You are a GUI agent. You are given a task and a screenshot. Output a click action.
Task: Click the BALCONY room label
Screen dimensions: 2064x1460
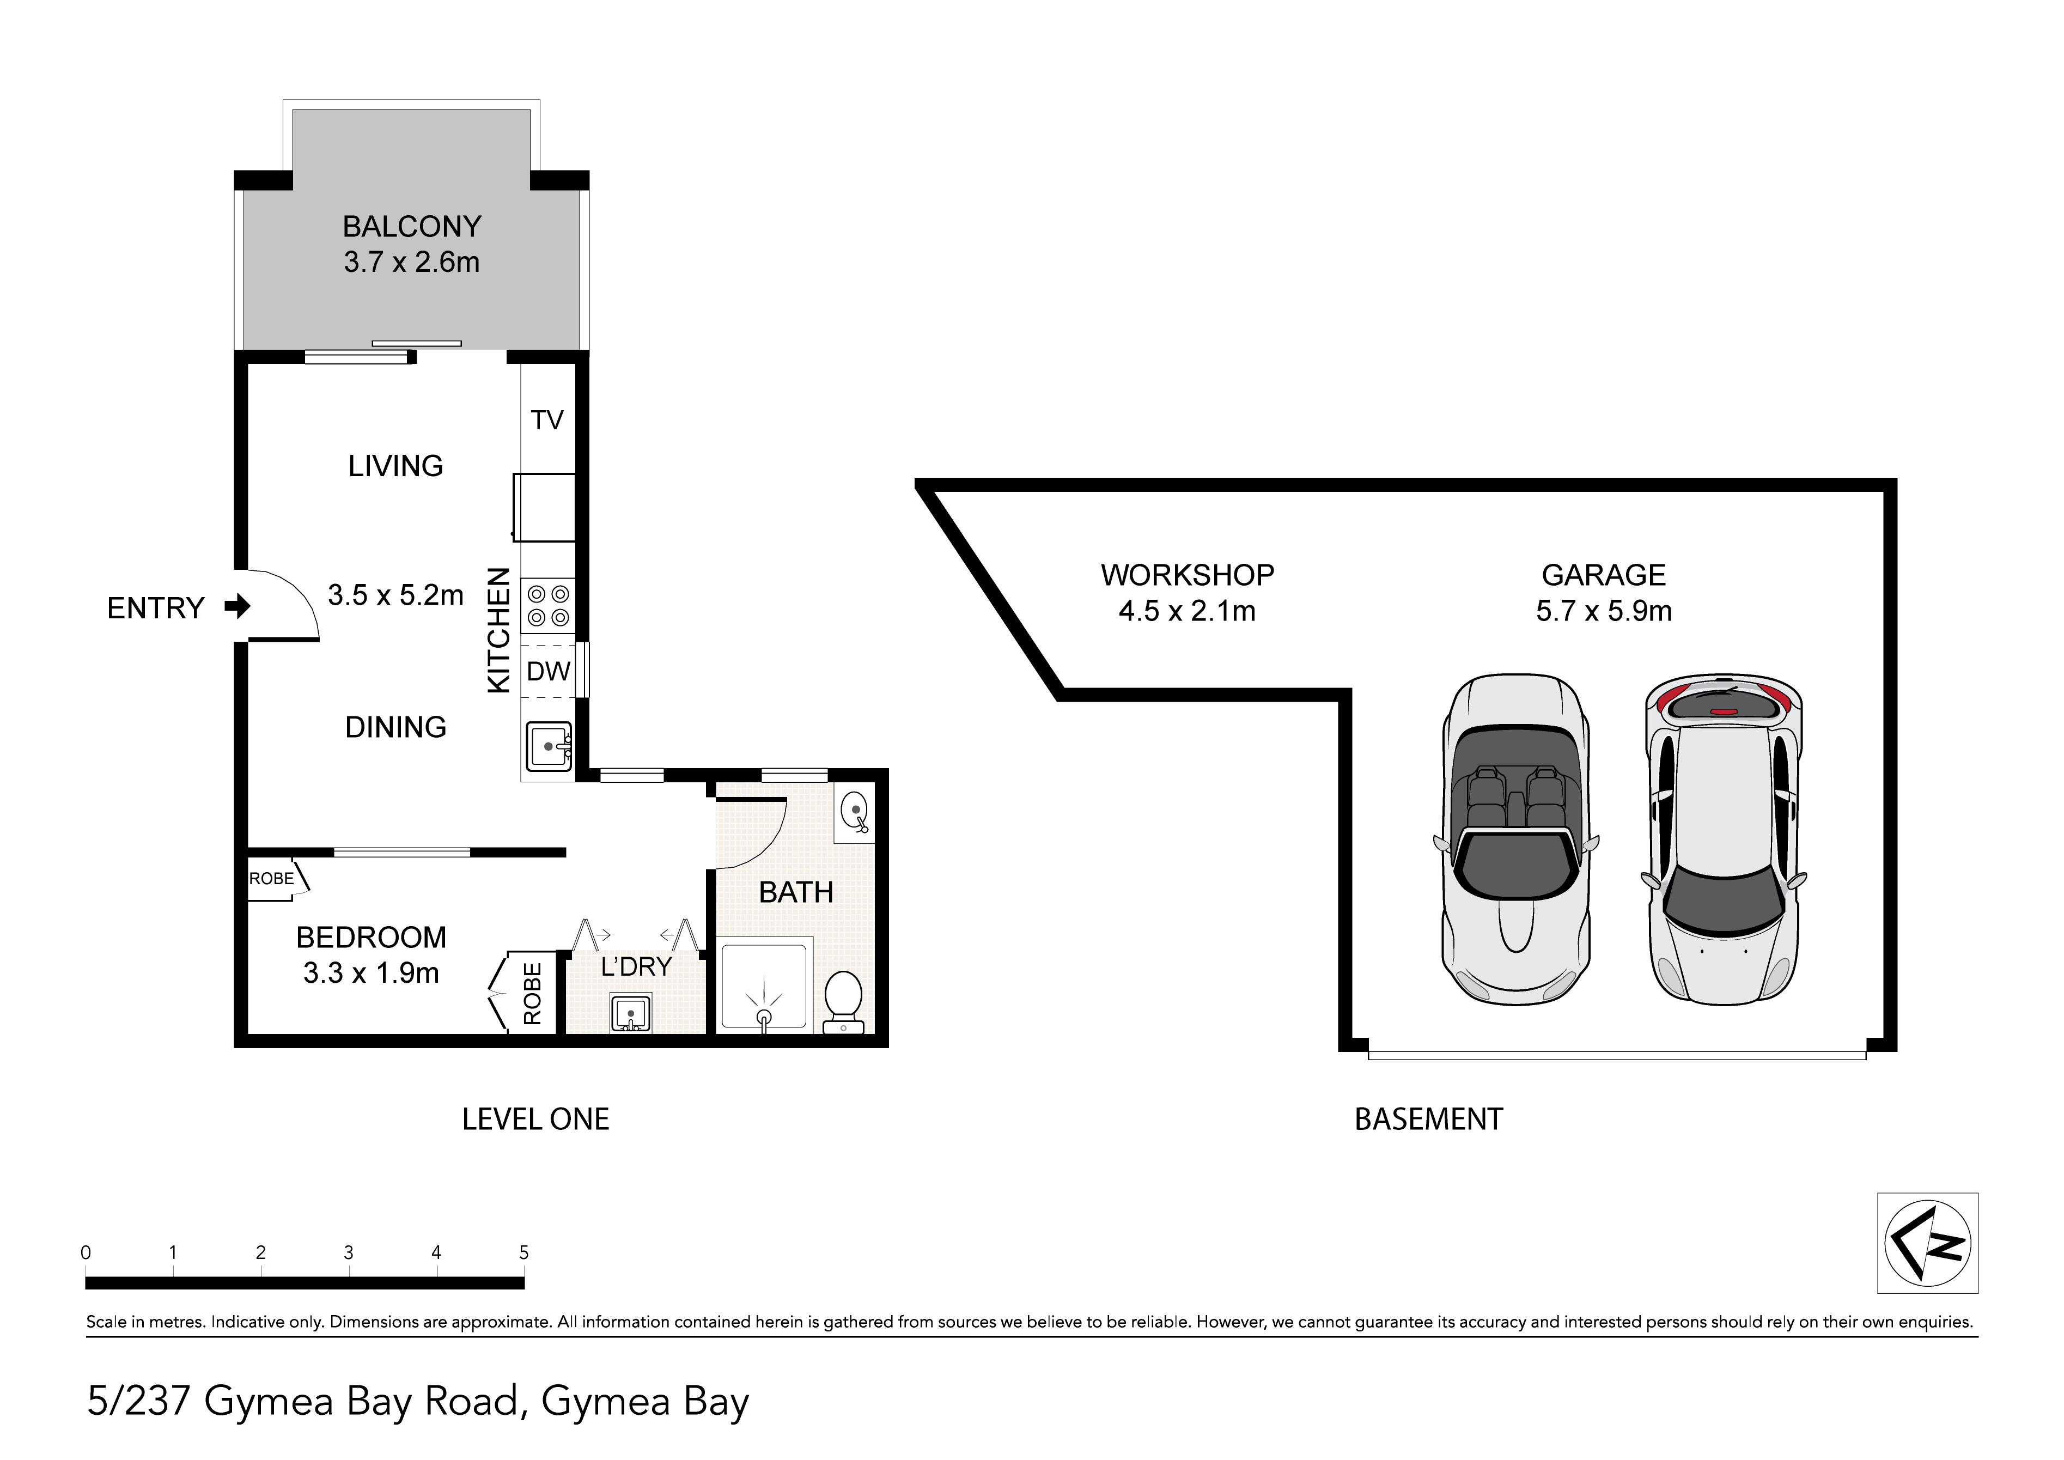pyautogui.click(x=412, y=227)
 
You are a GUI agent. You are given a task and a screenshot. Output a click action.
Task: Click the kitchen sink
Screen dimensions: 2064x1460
pyautogui.click(x=549, y=746)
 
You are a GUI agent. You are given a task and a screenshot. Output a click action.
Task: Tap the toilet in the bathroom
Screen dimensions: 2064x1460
pyautogui.click(x=843, y=1001)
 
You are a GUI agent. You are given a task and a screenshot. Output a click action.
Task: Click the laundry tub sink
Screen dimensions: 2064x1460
pyautogui.click(x=631, y=1012)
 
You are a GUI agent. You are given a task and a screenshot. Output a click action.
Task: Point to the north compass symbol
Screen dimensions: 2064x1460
pyautogui.click(x=1927, y=1243)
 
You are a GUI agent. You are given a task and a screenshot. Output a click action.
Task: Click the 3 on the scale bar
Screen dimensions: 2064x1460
pyautogui.click(x=348, y=1252)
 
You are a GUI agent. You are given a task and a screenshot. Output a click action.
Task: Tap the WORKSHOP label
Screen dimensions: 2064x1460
pyautogui.click(x=1188, y=575)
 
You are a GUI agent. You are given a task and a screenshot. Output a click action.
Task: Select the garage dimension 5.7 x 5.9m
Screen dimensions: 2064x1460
pyautogui.click(x=1604, y=611)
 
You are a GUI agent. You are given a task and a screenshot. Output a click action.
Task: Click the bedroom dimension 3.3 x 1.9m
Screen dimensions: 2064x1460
pyautogui.click(x=372, y=973)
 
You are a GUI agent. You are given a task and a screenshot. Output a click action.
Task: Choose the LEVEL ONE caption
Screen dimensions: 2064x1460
pyautogui.click(x=536, y=1120)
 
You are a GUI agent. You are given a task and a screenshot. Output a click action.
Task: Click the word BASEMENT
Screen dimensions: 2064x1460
pyautogui.click(x=1428, y=1120)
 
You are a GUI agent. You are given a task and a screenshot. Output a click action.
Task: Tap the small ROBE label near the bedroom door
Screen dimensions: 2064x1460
pyautogui.click(x=271, y=878)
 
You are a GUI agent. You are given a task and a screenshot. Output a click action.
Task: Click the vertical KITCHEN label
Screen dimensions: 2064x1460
pyautogui.click(x=499, y=630)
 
